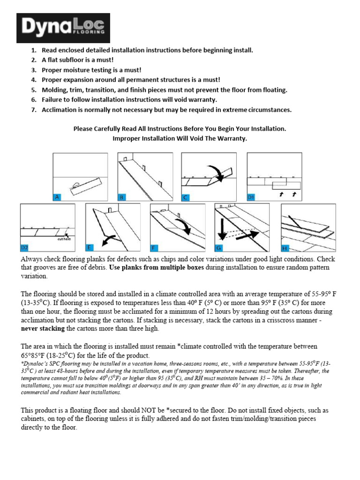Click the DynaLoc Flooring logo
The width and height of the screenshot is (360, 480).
63,28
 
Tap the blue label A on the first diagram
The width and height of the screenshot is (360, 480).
57,197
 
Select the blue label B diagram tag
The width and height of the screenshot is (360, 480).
122,197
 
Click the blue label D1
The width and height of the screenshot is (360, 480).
252,197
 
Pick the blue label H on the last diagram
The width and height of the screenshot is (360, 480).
285,247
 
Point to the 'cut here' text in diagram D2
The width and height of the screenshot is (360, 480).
64,239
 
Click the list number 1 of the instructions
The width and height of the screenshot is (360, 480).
33,50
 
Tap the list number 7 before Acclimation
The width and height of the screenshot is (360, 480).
33,110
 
